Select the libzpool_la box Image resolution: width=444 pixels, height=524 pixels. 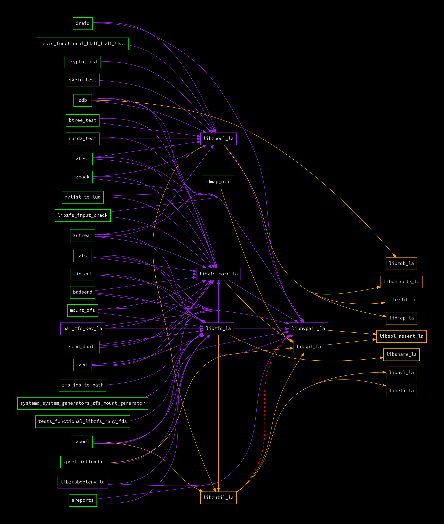[x=218, y=139]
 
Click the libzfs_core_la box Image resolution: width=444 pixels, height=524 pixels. [x=218, y=274]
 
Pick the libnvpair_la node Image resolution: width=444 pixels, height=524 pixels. [x=308, y=329]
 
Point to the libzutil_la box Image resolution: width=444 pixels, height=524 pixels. [x=218, y=498]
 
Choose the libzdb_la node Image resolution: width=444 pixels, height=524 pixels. [x=401, y=264]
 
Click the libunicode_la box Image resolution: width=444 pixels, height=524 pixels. [x=401, y=282]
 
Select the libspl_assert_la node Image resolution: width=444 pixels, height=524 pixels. [x=401, y=336]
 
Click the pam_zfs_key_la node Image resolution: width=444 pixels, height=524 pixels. [x=82, y=329]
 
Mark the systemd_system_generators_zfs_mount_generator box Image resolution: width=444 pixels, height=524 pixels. [x=82, y=403]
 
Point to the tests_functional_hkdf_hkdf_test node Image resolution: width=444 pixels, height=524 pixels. [x=82, y=44]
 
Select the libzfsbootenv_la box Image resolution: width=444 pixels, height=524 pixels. [x=82, y=482]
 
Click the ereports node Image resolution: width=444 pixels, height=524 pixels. [x=82, y=500]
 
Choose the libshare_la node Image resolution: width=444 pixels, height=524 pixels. [x=401, y=355]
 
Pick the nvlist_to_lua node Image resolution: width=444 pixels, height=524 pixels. [x=82, y=197]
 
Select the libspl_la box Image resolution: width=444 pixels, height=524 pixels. [x=308, y=347]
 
